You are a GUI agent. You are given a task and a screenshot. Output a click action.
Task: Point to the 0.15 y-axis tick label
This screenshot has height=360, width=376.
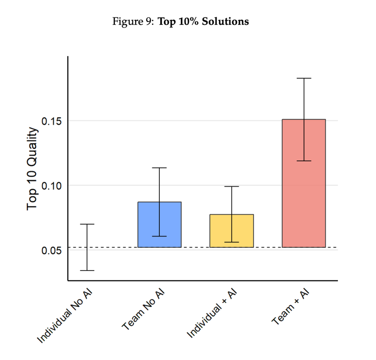click(51, 121)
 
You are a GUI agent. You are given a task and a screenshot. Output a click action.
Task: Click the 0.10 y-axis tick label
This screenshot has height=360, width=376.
click(51, 186)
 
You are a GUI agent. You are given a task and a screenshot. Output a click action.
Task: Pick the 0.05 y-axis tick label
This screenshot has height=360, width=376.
click(51, 250)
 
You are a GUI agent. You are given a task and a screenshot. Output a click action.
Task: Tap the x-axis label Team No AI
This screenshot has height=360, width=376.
click(143, 310)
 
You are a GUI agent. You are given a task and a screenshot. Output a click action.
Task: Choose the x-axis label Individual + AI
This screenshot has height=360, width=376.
click(212, 314)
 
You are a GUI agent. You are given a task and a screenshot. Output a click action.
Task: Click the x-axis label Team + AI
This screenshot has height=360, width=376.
click(290, 307)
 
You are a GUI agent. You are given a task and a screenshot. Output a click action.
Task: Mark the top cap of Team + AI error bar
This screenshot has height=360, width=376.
click(304, 78)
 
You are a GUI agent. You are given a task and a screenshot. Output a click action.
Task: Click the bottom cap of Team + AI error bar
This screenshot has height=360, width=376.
click(304, 161)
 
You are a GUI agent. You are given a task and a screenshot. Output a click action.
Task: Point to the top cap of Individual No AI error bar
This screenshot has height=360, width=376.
click(87, 224)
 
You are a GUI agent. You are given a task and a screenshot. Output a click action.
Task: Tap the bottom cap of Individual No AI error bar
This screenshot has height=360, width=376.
click(87, 270)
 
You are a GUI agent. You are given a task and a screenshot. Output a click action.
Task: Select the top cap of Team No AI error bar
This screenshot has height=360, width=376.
click(159, 168)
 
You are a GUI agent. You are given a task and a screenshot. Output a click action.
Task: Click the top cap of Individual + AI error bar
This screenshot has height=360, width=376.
click(232, 187)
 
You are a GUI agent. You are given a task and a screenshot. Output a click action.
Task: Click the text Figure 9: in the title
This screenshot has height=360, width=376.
click(133, 22)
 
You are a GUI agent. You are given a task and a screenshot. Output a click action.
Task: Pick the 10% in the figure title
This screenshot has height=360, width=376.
click(189, 22)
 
